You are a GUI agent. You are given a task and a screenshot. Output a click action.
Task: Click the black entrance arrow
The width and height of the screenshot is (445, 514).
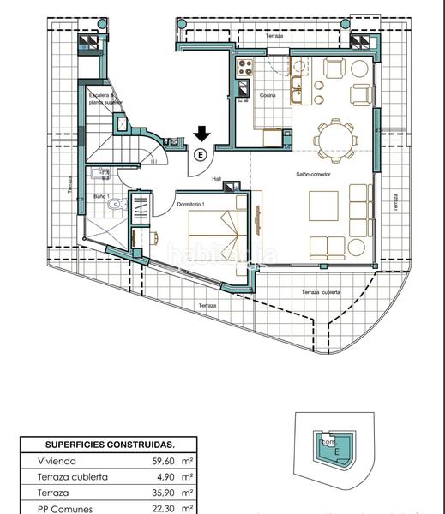[x=201, y=133]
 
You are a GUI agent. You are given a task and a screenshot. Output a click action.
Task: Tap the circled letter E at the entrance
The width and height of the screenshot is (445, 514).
[x=201, y=155]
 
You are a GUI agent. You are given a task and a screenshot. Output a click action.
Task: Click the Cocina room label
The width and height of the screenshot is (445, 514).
[x=268, y=95]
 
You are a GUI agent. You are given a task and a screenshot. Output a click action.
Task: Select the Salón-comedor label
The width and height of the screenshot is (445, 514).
[x=315, y=173]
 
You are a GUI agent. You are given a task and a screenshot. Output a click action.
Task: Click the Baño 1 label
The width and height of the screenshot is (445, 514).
[x=101, y=196]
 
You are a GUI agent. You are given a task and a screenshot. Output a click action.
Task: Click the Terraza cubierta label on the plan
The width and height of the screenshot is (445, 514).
[x=322, y=292]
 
